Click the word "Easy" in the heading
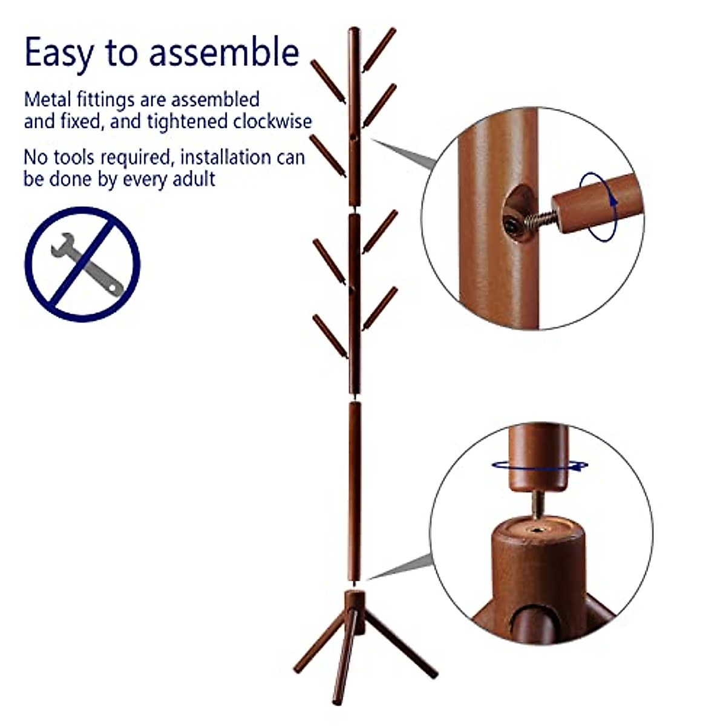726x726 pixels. [x=59, y=53]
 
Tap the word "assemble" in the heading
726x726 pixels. [x=224, y=53]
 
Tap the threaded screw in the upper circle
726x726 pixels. [x=541, y=218]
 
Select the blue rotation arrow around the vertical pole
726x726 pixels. [x=540, y=465]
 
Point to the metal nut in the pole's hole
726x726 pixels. [x=512, y=224]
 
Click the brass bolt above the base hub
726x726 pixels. [x=537, y=504]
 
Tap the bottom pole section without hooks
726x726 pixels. [x=355, y=490]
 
